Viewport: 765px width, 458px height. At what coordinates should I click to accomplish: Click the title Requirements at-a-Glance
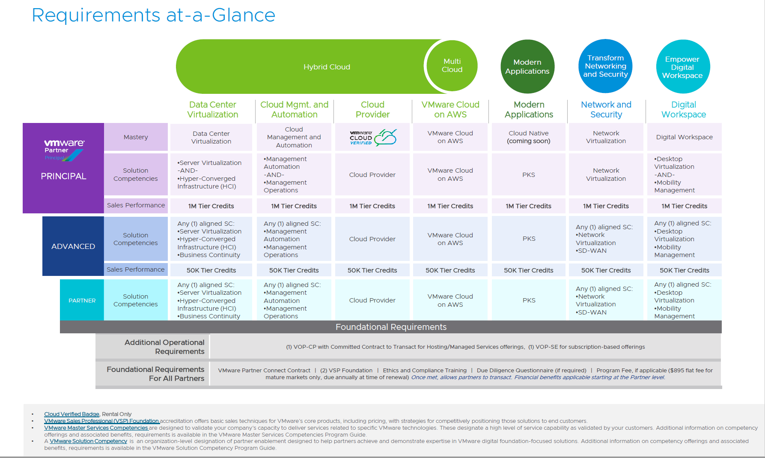pos(153,15)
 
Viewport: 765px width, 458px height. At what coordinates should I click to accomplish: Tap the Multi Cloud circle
pos(452,66)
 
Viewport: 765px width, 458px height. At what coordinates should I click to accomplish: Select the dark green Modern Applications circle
pos(527,66)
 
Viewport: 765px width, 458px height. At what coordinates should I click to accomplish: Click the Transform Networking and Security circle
pos(605,66)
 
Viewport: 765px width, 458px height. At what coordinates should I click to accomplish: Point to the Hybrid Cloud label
pos(327,67)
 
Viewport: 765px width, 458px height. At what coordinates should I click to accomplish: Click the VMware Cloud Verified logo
pos(372,138)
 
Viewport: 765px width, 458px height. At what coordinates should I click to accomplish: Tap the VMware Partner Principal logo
pos(64,150)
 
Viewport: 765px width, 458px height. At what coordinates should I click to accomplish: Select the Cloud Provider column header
pos(372,110)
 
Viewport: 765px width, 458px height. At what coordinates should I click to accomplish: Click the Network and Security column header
pos(606,110)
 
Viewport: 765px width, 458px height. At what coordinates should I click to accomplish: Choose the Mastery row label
pos(136,137)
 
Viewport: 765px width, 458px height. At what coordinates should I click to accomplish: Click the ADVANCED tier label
pos(73,246)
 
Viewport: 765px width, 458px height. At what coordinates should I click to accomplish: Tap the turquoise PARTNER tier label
pos(82,300)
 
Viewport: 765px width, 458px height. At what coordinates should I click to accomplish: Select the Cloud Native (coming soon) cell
pos(528,137)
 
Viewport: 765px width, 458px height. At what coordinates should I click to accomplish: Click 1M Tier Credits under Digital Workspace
pos(684,206)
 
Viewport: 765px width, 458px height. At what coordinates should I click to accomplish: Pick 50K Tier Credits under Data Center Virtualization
pos(211,270)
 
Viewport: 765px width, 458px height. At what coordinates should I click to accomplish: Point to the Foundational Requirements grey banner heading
pos(390,327)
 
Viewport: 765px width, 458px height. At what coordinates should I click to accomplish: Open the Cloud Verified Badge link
pos(71,414)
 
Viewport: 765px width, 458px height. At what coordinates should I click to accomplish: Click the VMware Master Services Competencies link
pos(96,428)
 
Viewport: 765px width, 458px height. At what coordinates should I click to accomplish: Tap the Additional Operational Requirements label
pos(164,347)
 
